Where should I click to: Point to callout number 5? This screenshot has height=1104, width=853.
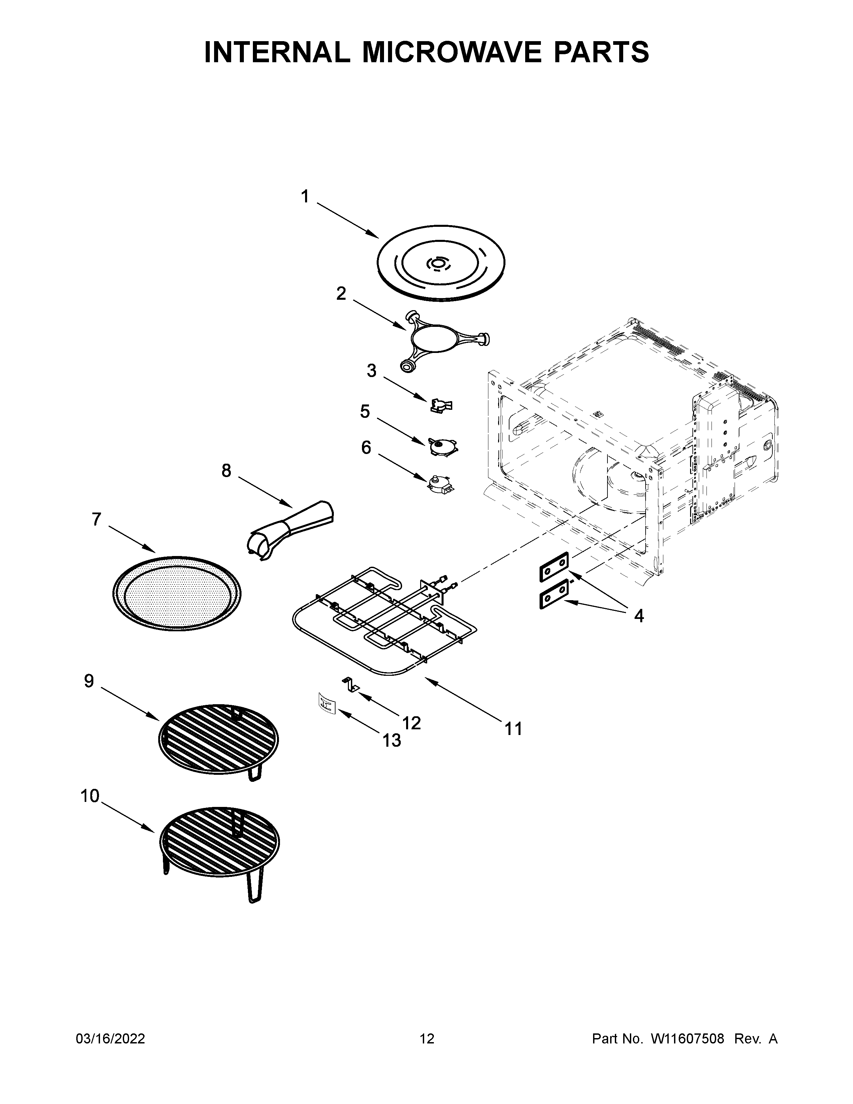tap(365, 411)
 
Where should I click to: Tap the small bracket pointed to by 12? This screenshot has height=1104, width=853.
tap(351, 684)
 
